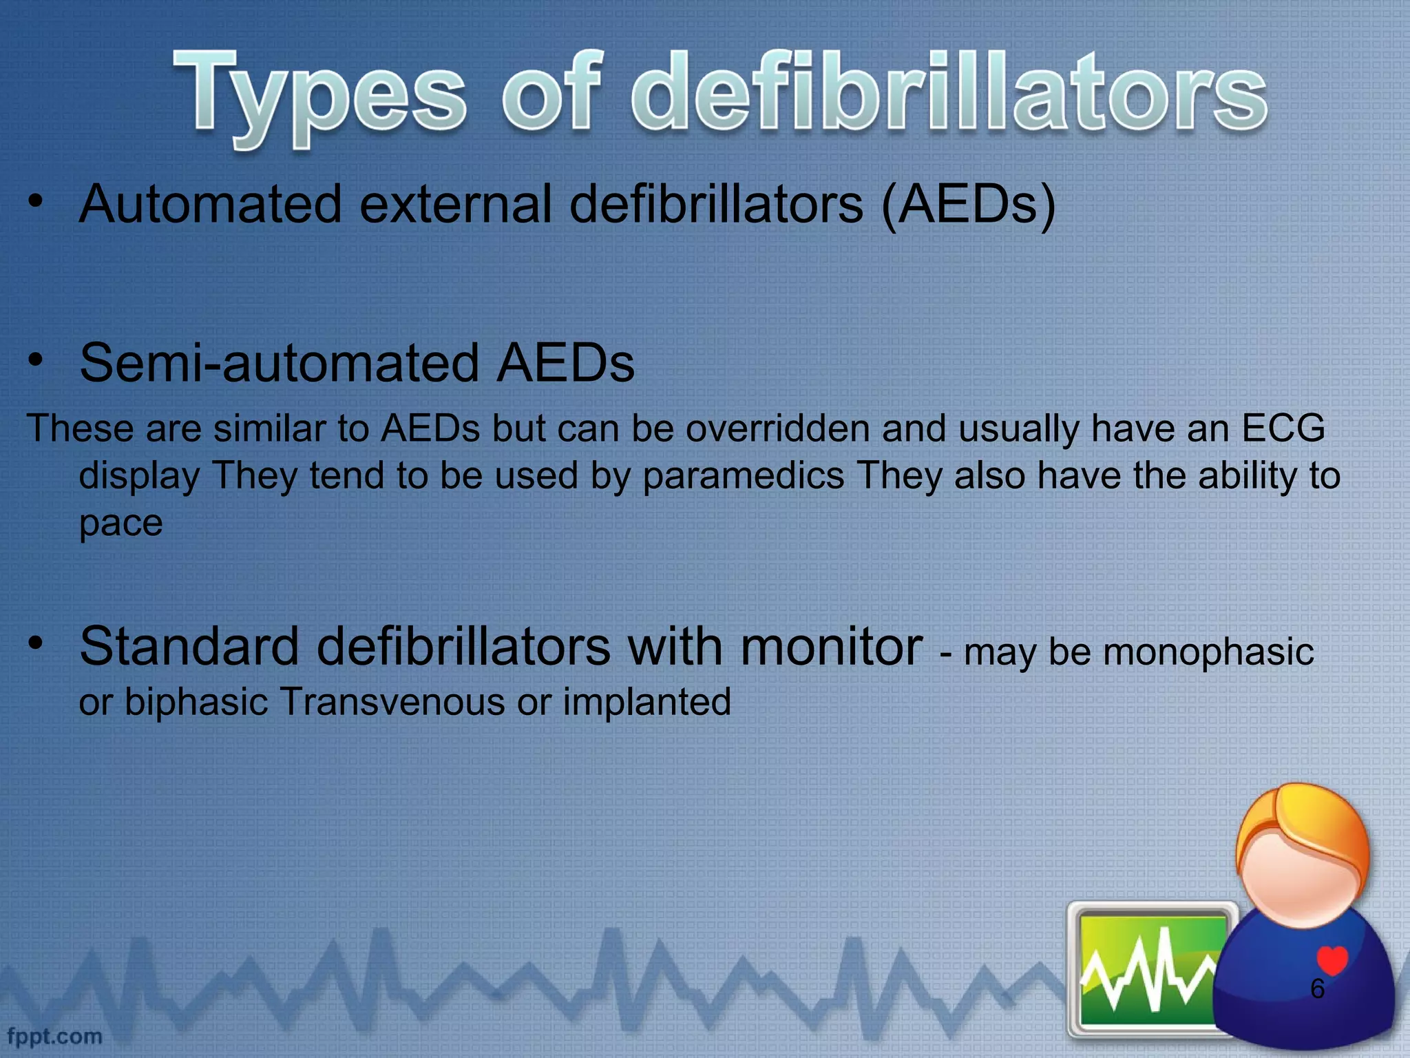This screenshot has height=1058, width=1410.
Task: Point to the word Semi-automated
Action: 279,363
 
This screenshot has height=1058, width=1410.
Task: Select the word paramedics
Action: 743,475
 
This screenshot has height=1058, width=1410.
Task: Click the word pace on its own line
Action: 120,523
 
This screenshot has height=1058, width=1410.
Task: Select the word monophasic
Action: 1208,652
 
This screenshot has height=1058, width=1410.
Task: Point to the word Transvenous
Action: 392,702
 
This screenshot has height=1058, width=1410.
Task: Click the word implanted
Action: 646,702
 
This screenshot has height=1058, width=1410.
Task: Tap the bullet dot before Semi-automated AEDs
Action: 36,359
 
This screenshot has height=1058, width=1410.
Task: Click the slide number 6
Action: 1317,989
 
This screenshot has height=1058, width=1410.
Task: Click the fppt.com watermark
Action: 55,1036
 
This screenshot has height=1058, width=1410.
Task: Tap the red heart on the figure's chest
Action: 1332,960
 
